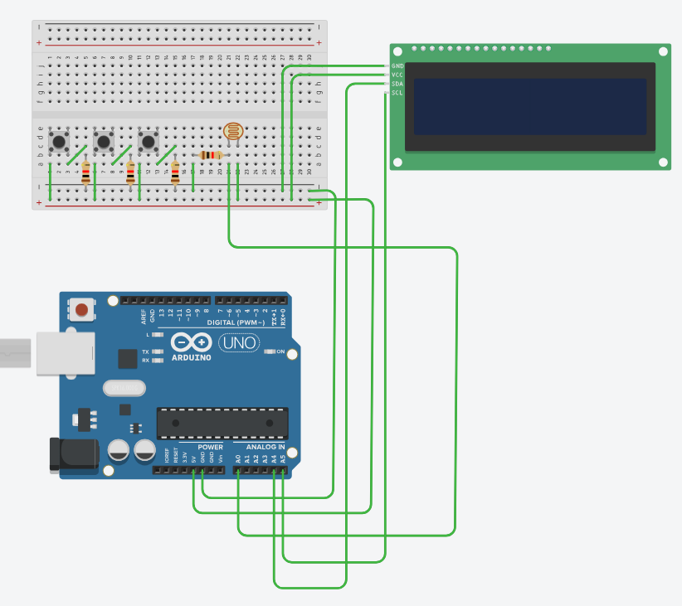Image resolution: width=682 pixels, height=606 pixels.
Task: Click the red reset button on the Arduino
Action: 81,310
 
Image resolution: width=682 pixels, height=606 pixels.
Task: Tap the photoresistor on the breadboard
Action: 234,131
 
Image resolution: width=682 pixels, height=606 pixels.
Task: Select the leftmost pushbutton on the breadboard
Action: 59,141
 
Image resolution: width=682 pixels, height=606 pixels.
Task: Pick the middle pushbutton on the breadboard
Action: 104,141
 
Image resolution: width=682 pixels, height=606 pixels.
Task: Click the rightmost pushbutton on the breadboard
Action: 149,141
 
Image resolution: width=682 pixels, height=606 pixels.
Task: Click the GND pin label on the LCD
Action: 397,65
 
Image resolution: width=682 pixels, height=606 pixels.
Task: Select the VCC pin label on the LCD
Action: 397,75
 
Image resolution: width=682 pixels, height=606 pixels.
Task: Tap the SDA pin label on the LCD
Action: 397,84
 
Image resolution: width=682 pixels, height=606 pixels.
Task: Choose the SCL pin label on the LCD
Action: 397,93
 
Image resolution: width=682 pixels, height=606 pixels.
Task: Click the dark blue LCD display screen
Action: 529,107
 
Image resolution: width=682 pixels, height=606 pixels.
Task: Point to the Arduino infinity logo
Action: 191,342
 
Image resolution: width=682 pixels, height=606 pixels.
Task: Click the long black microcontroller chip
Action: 222,423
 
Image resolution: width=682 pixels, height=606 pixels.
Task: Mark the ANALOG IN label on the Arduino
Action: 265,448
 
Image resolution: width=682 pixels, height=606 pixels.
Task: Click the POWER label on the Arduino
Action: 210,448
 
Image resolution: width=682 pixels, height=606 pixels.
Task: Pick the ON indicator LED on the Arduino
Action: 268,351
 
